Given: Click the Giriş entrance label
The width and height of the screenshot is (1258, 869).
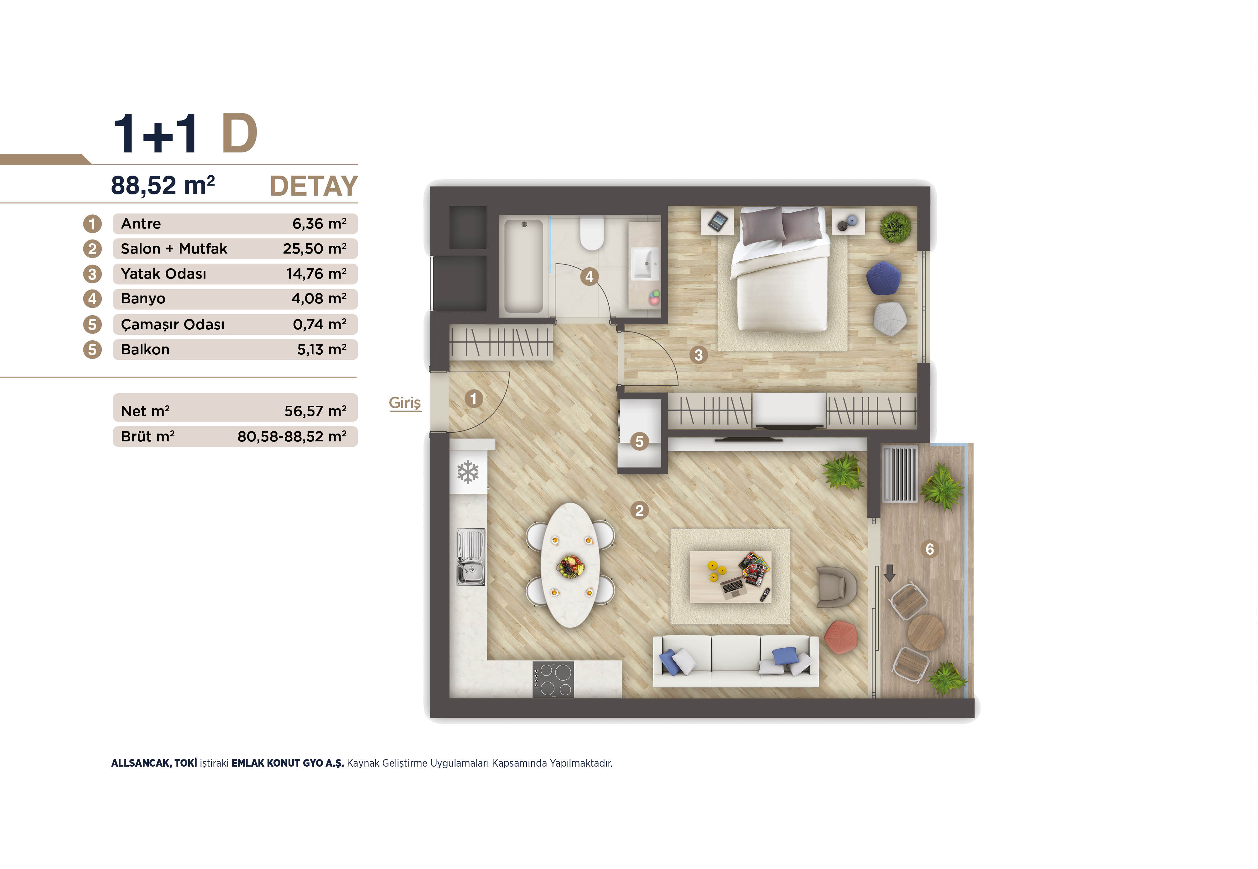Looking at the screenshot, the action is click(x=405, y=403).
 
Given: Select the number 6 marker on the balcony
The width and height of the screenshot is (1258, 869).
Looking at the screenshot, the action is click(x=929, y=549).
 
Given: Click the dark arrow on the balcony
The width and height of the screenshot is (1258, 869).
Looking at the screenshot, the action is click(x=889, y=573).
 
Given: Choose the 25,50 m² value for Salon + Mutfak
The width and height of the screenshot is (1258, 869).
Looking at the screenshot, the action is click(x=314, y=249).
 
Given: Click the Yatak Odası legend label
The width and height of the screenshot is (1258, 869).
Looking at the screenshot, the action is click(x=164, y=274).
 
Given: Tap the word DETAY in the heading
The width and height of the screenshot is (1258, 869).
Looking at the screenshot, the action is click(x=314, y=186).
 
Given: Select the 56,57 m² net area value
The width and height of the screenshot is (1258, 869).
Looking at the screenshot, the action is click(x=315, y=411).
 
